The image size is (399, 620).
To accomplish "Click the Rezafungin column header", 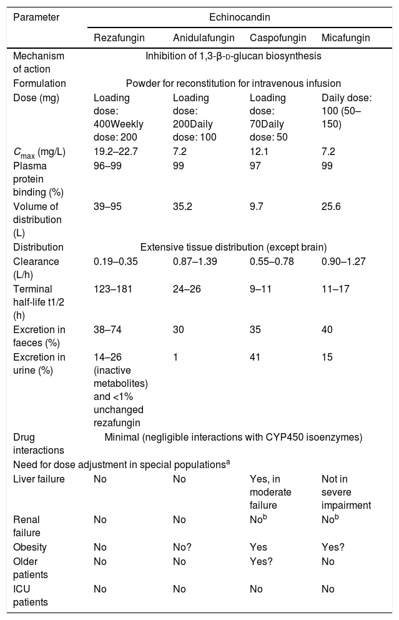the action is (119, 38).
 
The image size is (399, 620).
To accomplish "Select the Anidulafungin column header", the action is (204, 38).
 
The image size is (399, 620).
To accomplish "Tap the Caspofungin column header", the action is (278, 38).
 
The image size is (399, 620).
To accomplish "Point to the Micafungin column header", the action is (346, 38).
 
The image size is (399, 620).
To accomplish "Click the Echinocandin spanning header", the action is (240, 17).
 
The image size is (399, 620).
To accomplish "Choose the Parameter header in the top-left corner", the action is (36, 17).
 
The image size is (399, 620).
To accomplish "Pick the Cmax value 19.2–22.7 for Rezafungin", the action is (116, 151).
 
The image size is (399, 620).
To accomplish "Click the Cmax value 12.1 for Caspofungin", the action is (259, 151).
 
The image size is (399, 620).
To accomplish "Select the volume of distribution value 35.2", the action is (182, 206).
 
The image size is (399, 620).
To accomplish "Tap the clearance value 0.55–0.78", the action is (272, 261).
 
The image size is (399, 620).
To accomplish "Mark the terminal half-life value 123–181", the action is (113, 289).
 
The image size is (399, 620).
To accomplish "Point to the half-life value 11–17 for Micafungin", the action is (335, 289).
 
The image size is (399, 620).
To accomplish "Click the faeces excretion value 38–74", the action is (107, 329).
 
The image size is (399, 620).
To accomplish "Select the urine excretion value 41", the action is (255, 357).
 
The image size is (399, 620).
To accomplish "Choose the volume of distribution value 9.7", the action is (257, 206).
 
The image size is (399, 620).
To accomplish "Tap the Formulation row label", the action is (39, 83).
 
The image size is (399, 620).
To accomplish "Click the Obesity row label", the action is (30, 547).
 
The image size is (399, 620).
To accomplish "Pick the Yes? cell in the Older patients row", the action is (261, 561).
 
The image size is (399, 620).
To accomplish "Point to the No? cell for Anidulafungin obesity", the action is (182, 547).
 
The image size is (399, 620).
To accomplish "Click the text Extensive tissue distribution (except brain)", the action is (234, 247).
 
